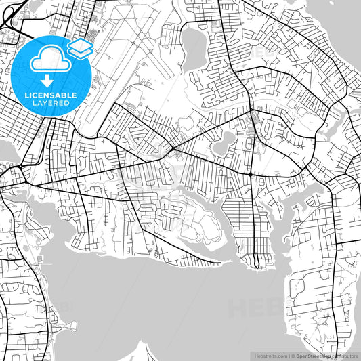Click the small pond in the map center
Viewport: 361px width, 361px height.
coord(224,142)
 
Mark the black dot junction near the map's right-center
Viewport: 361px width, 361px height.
coord(251,175)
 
